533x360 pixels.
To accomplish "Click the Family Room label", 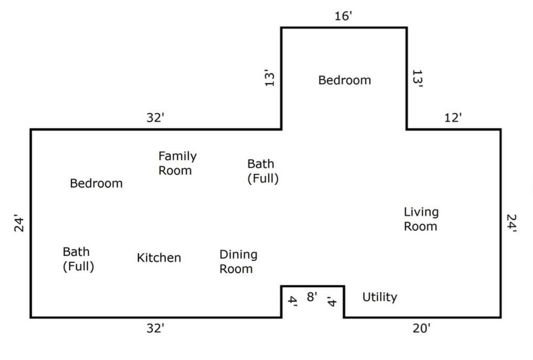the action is click(x=177, y=163).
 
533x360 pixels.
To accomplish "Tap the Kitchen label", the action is click(x=159, y=258).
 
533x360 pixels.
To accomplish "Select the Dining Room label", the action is click(x=238, y=261).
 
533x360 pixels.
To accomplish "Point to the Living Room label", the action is click(x=421, y=219).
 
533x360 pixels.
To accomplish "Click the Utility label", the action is click(x=380, y=297).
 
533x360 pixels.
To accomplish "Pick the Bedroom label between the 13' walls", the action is click(x=345, y=80).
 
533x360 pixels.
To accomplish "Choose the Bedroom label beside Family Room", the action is click(x=96, y=184).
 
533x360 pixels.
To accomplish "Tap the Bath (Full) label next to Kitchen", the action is click(x=78, y=259).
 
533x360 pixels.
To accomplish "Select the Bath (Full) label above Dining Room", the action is click(x=263, y=171).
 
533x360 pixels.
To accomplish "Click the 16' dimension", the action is click(x=343, y=16).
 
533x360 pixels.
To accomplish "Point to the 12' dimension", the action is click(x=453, y=118).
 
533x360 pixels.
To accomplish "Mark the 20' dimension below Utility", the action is click(x=421, y=329).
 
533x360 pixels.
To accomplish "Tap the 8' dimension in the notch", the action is click(x=312, y=297).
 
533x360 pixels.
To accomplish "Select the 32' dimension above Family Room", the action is click(x=155, y=118).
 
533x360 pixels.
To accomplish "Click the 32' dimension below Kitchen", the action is click(x=155, y=329).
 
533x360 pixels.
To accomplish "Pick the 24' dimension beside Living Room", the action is click(x=511, y=223).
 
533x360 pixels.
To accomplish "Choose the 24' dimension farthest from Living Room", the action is click(x=19, y=223).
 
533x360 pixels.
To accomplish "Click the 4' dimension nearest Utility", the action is click(x=332, y=301).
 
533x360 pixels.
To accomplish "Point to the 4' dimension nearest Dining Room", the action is click(x=293, y=301).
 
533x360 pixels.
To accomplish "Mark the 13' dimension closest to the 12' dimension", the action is click(x=418, y=79).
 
